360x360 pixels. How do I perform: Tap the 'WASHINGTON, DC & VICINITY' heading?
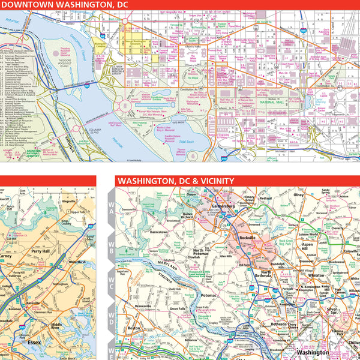click(x=176, y=181)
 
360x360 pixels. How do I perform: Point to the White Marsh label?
click(x=77, y=262)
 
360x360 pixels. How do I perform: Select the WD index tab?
click(x=111, y=313)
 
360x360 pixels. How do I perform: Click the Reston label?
click(x=134, y=328)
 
